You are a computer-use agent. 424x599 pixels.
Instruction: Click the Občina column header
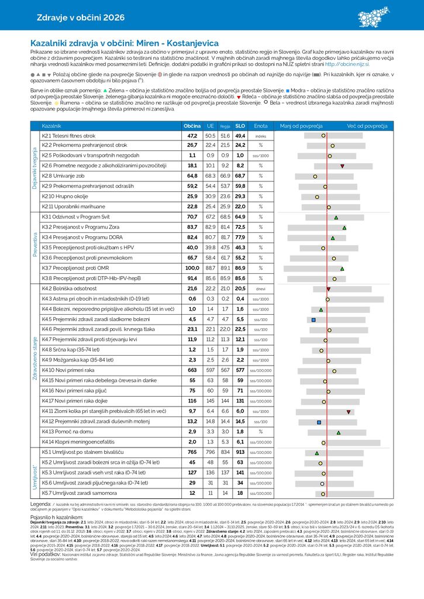tap(192, 126)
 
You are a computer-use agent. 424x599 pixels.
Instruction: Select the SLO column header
tap(240, 126)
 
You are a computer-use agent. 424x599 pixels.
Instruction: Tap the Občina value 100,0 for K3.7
tap(192, 268)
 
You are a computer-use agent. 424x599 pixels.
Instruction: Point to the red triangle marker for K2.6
tap(342, 166)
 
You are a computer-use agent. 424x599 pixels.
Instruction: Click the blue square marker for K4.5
tap(313, 319)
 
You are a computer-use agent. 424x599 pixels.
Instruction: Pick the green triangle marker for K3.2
tap(344, 227)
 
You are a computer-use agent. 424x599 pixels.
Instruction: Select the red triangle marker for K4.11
tap(349, 412)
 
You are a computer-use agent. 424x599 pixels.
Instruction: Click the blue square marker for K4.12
tap(319, 422)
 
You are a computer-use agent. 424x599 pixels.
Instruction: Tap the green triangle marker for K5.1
tap(316, 453)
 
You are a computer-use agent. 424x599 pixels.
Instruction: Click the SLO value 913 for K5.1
tap(240, 452)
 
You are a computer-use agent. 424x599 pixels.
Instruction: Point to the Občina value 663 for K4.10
tap(192, 370)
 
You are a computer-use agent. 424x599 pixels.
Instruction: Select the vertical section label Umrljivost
tap(35, 473)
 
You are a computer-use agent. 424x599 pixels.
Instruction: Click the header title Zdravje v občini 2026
tap(81, 18)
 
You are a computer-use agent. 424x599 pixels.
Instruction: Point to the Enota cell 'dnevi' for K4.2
tap(261, 288)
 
